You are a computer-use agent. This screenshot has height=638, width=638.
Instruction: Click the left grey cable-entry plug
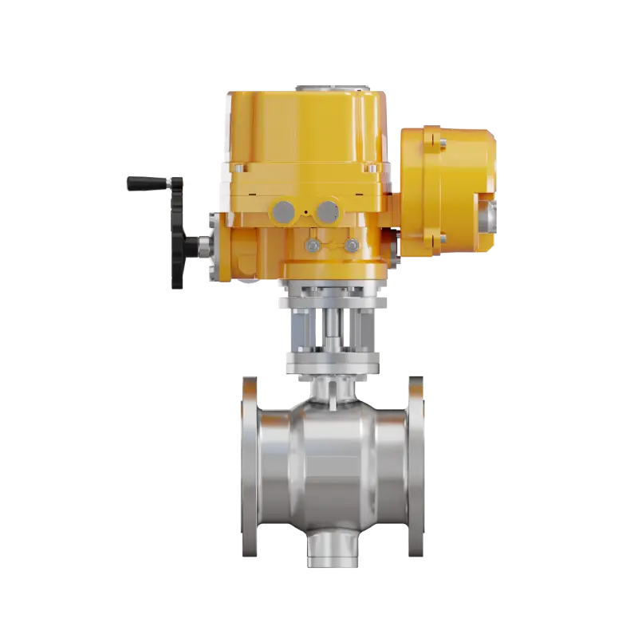(283, 211)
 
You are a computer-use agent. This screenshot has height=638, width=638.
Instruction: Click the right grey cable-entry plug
(327, 211)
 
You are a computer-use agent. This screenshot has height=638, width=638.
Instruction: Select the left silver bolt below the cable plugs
(314, 246)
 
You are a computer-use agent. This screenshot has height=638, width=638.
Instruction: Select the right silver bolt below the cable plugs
(351, 246)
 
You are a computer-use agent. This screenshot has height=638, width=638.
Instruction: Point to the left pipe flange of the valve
(250, 467)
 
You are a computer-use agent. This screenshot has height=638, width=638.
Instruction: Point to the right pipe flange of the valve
(415, 467)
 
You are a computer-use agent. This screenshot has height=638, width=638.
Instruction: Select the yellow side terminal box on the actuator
(447, 191)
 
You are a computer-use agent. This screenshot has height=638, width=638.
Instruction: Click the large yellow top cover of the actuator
(307, 132)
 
